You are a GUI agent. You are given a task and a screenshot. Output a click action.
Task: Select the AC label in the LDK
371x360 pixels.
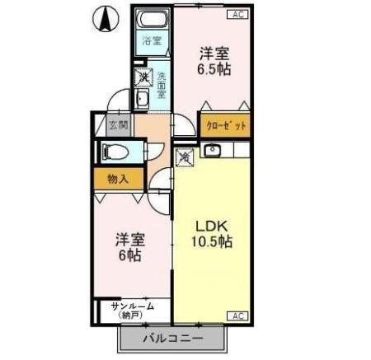237,316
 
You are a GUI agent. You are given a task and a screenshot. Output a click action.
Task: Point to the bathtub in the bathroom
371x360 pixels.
152,20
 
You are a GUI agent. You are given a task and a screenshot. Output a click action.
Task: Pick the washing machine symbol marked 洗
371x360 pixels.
144,77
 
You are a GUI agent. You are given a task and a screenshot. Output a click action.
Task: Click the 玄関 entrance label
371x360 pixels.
119,126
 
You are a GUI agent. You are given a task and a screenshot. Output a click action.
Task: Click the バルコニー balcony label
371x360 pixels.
174,338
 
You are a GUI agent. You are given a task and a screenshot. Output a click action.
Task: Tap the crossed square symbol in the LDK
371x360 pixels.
185,153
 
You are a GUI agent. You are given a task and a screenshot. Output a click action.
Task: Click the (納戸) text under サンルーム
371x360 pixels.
132,316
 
